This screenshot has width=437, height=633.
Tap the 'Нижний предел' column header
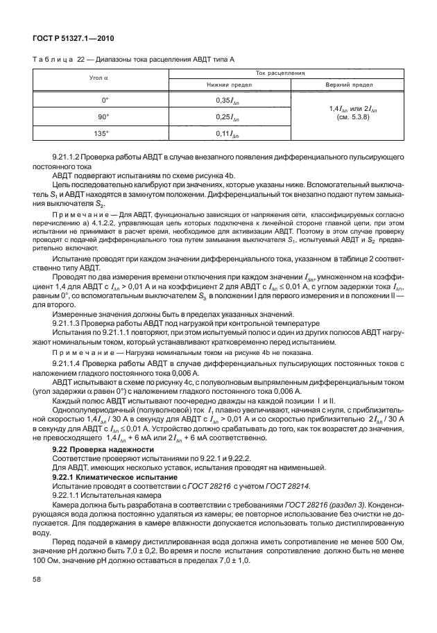(x=223, y=85)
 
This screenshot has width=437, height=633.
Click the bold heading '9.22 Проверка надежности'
(x=103, y=449)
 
